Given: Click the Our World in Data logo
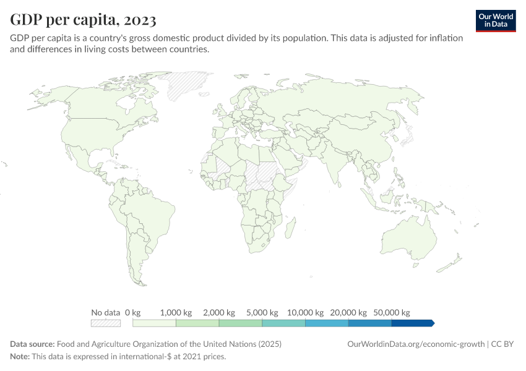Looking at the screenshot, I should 496,20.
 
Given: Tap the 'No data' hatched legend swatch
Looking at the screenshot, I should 105,323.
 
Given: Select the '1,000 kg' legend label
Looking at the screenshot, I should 176,312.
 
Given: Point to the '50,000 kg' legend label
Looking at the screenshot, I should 391,312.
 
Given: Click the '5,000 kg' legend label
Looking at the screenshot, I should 262,312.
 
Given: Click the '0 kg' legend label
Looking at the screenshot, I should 133,312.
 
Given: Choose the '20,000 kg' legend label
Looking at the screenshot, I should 348,312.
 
